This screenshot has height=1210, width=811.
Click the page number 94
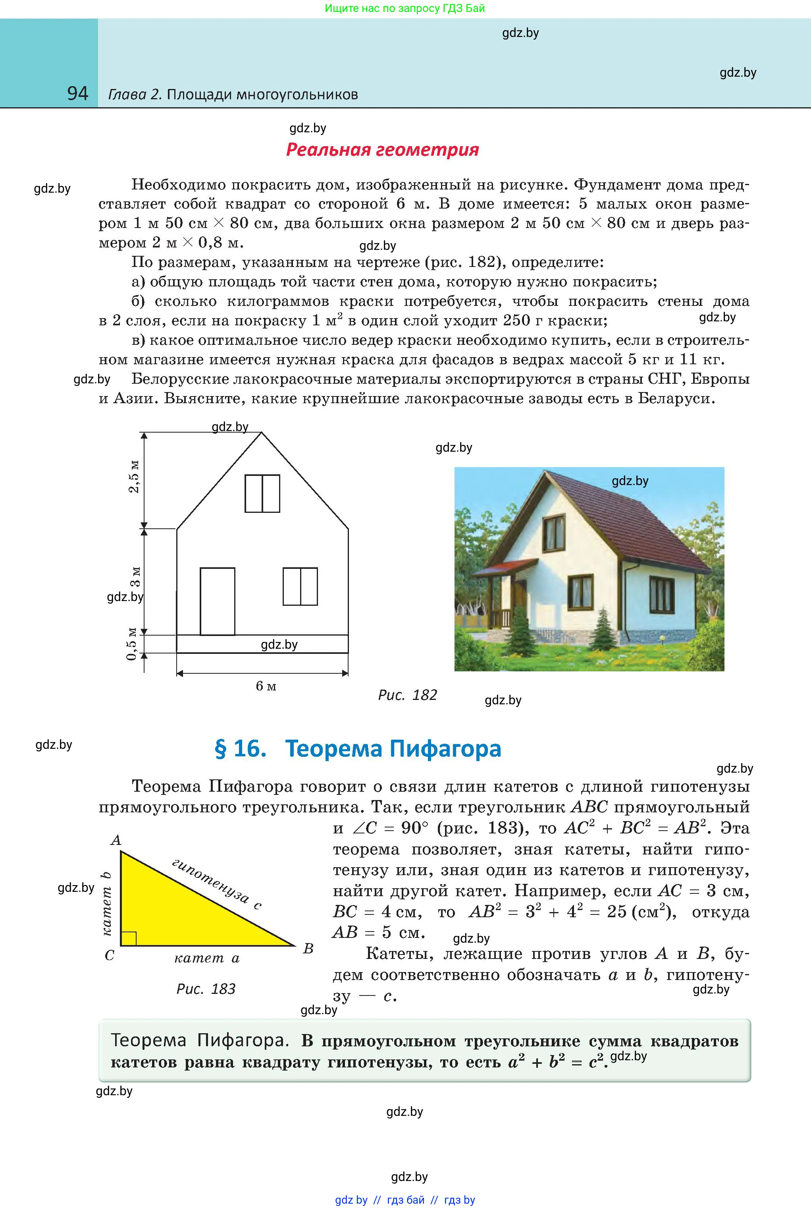77,93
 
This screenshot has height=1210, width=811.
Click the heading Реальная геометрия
382,150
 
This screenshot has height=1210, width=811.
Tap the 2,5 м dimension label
134,476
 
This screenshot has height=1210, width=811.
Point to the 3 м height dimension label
135,576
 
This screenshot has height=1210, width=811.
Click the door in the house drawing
217,601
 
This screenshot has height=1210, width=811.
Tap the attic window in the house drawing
262,493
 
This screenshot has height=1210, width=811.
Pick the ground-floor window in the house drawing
300,586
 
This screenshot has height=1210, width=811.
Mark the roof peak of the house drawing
261,433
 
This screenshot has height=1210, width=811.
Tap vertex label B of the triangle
308,949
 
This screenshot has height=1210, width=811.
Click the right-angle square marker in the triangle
129,938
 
